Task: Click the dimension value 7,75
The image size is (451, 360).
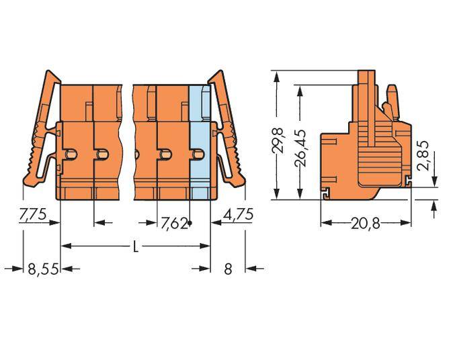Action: (32, 216)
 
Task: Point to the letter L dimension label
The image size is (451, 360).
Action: (135, 246)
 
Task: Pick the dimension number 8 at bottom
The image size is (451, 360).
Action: (228, 269)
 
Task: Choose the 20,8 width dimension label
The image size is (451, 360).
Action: (366, 224)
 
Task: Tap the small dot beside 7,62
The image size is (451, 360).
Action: (191, 222)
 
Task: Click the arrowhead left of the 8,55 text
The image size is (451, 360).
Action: (18, 269)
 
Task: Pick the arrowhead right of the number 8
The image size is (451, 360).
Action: (252, 269)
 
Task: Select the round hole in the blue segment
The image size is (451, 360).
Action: (198, 155)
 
